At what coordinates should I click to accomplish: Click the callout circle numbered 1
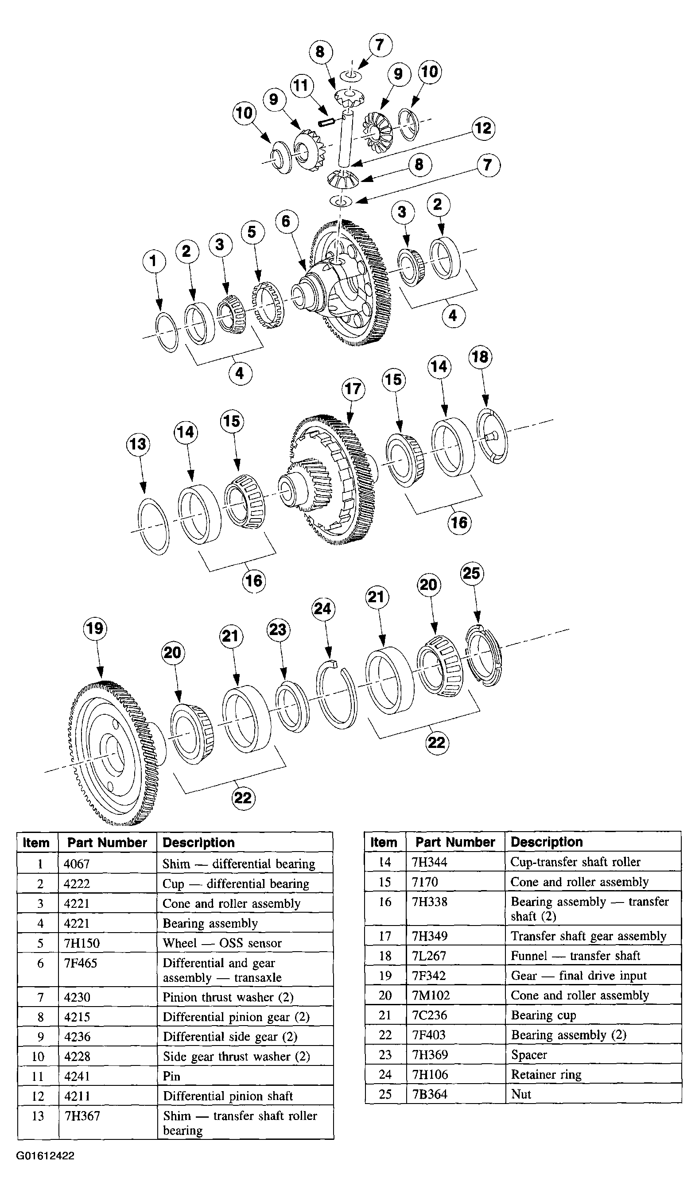tap(153, 261)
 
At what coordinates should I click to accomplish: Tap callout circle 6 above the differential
tap(287, 221)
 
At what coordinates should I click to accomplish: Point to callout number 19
tap(95, 628)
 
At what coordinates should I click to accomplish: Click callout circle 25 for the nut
tap(472, 573)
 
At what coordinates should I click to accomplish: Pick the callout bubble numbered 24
tap(323, 608)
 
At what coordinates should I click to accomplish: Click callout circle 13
tap(138, 444)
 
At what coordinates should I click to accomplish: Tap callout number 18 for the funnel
tap(481, 357)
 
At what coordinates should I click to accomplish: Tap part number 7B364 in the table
tap(430, 1095)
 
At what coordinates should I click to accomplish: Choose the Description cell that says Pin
tap(172, 1076)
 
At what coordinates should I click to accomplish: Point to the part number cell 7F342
tap(429, 976)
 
